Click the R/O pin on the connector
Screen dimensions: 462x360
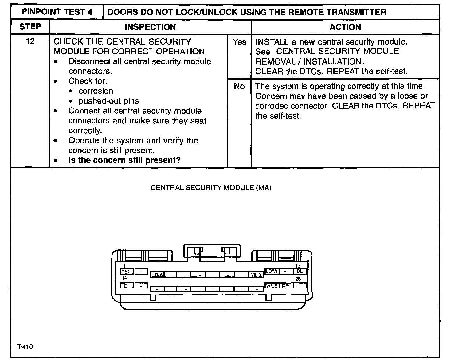point(126,272)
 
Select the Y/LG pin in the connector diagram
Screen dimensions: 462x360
point(256,275)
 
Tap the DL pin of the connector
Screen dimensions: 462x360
point(300,271)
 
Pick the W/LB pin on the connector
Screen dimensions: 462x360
point(272,286)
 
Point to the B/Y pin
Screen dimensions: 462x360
point(286,286)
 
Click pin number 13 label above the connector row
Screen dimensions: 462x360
point(298,266)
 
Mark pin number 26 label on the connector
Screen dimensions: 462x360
point(298,279)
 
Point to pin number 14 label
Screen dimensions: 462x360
point(124,278)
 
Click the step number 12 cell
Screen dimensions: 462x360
point(30,41)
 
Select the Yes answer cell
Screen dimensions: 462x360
point(239,42)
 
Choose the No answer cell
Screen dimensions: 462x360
point(239,86)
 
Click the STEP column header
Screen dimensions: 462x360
point(30,27)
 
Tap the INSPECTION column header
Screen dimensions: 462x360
point(150,27)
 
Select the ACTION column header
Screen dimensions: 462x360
point(345,27)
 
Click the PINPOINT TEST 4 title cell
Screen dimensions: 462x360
point(57,12)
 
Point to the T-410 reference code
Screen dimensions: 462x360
point(25,346)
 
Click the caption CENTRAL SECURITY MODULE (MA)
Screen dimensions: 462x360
point(211,188)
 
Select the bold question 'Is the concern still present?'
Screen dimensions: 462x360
point(124,160)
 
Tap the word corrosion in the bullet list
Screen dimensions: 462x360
point(96,91)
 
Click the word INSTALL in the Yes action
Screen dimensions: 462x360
point(268,42)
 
